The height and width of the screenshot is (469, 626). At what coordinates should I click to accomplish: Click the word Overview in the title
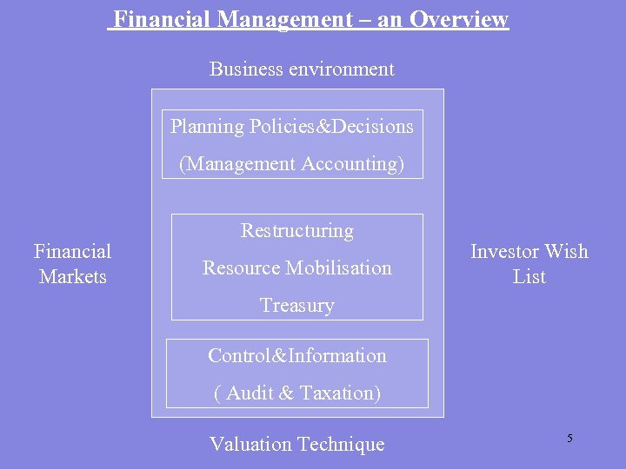[x=459, y=20]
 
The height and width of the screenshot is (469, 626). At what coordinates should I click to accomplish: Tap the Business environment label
[x=302, y=69]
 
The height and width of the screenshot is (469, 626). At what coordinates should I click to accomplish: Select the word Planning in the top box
[x=208, y=127]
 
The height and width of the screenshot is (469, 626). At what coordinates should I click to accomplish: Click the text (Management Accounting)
[x=292, y=163]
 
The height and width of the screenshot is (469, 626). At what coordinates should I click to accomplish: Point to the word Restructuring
[x=297, y=231]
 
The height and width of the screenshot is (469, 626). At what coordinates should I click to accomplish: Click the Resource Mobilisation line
[x=297, y=268]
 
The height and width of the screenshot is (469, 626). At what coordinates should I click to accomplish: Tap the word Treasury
[x=297, y=306]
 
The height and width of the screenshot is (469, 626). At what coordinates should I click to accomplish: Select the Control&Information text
[x=297, y=356]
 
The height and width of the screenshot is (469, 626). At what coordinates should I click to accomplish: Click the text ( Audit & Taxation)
[x=297, y=393]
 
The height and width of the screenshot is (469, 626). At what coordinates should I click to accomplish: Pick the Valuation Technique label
[x=296, y=445]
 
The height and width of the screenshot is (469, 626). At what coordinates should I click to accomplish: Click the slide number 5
[x=570, y=439]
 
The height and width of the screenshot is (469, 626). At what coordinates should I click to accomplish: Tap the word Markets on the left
[x=73, y=277]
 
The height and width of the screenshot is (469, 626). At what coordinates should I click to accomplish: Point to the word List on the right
[x=529, y=277]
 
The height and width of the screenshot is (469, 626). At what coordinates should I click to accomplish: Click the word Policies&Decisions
[x=331, y=127]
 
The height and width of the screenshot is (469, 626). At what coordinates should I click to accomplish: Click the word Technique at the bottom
[x=341, y=445]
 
